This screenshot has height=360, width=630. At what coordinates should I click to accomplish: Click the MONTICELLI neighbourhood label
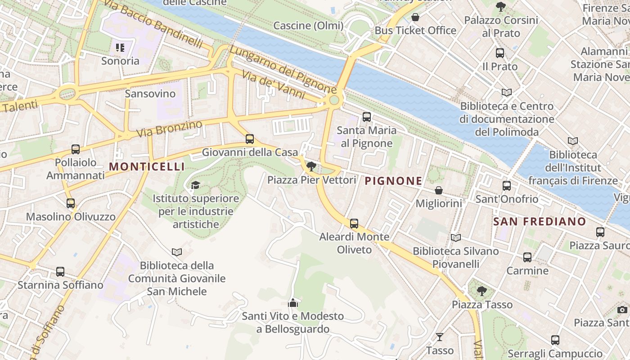[147, 166]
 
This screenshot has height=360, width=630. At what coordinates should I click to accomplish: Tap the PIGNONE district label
[393, 181]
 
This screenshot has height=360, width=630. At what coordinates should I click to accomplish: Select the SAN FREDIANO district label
[540, 221]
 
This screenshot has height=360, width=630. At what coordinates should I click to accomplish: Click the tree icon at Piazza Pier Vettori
[311, 167]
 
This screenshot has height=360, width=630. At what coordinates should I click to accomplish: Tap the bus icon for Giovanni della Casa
[250, 139]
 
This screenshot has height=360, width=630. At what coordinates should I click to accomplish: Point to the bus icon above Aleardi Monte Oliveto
[354, 223]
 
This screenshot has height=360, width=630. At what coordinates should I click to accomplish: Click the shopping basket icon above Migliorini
[438, 191]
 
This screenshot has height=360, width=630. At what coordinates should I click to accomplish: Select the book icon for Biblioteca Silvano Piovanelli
[455, 238]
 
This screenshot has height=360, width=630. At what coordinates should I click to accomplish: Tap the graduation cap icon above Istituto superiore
[195, 185]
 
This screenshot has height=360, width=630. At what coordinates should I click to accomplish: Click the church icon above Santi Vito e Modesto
[293, 303]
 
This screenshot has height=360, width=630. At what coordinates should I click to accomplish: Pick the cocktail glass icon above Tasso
[440, 337]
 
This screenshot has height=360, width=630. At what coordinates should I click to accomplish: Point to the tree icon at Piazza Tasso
[482, 291]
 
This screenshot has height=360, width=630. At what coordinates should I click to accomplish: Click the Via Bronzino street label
[169, 129]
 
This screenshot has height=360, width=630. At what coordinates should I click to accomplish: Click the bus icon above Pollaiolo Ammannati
[76, 149]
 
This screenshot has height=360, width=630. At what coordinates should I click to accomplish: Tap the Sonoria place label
[120, 61]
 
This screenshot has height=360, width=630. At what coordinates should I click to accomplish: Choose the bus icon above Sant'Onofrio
[507, 185]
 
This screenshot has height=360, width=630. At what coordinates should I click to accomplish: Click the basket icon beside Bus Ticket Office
[415, 18]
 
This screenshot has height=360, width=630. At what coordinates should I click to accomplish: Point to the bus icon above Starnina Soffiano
[60, 272]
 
